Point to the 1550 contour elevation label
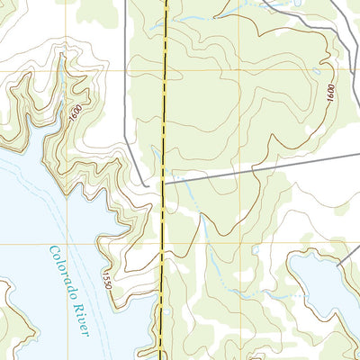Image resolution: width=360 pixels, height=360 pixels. pyautogui.click(x=110, y=278)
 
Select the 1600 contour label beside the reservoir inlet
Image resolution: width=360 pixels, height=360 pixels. pyautogui.click(x=74, y=115)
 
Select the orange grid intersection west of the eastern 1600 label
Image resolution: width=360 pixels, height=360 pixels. pyautogui.click(x=238, y=70)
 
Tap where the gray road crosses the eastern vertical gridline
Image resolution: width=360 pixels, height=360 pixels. pyautogui.click(x=238, y=167)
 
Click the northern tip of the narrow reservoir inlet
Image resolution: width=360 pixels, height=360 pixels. pyautogui.click(x=61, y=56)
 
